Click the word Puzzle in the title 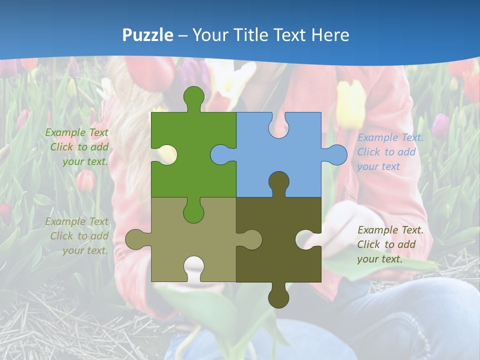pos(148,35)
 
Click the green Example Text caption pos(77,147)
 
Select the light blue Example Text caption pos(390,152)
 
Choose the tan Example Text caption pos(77,236)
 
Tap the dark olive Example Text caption pos(390,244)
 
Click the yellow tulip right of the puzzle pos(350,102)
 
